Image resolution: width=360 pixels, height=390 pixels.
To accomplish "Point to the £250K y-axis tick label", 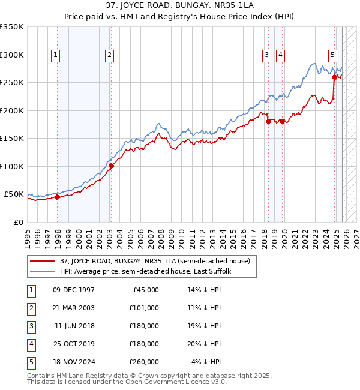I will [12, 83].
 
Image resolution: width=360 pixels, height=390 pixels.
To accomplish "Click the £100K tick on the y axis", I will [12, 166].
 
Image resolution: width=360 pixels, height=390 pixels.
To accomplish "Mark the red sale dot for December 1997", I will [57, 197].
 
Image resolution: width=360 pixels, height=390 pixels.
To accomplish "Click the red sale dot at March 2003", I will [111, 166].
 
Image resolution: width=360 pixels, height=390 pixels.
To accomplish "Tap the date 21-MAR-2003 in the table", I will [73, 308].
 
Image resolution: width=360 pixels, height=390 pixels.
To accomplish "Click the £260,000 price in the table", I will [144, 362].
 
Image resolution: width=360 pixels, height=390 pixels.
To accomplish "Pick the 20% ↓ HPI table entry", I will [205, 344].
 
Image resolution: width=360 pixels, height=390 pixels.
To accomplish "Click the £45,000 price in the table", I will [146, 290].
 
